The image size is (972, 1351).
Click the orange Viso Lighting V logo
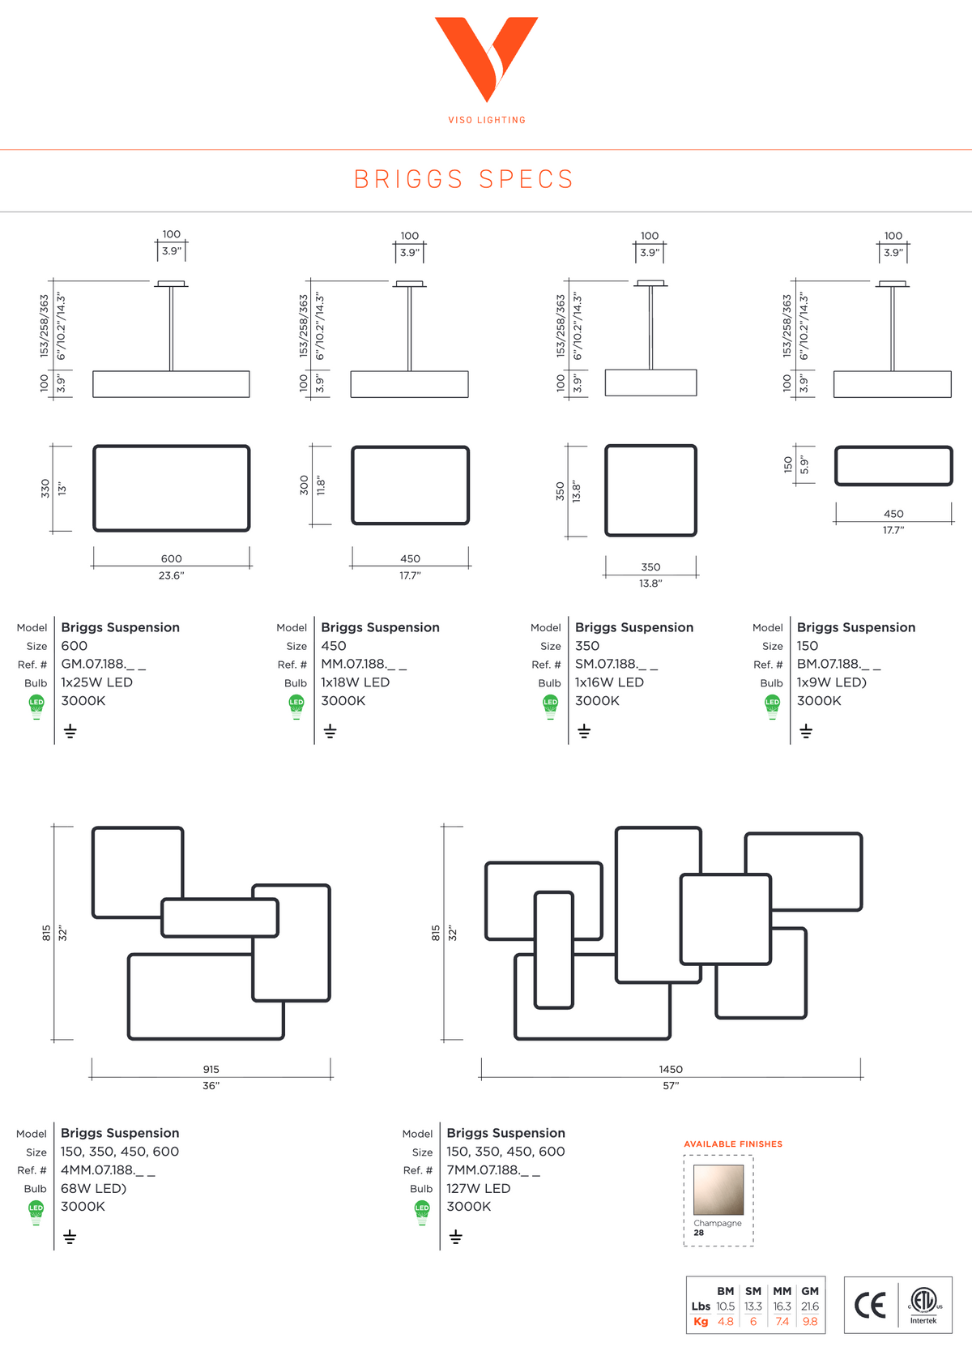(x=486, y=58)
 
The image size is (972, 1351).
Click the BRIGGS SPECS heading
(x=463, y=179)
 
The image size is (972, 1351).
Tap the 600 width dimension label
(x=171, y=558)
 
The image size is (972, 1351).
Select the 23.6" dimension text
(x=171, y=575)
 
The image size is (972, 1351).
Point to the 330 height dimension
(x=45, y=489)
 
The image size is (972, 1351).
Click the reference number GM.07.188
(x=103, y=664)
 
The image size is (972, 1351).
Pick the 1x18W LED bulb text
(x=355, y=682)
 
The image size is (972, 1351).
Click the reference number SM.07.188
(x=616, y=664)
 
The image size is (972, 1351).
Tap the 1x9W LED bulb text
(x=832, y=682)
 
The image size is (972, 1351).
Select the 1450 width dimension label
(x=671, y=1069)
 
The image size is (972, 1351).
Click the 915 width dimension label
(x=211, y=1069)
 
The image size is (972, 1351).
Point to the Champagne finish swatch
(x=718, y=1190)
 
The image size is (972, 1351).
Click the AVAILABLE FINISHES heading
(x=732, y=1144)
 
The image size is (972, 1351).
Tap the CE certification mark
(x=870, y=1306)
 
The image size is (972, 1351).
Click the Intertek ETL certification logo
(x=924, y=1305)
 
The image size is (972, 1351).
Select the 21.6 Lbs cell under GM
(x=810, y=1306)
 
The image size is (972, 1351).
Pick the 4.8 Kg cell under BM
(x=726, y=1322)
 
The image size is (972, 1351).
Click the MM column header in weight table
(x=782, y=1291)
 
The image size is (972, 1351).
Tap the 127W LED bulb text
(x=478, y=1188)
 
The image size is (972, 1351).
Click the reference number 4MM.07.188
(x=108, y=1170)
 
